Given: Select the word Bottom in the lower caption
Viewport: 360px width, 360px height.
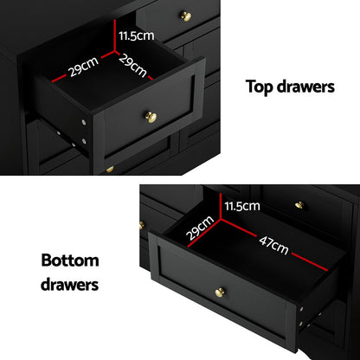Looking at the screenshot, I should pos(69,260).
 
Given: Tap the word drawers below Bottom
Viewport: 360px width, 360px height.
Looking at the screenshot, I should pos(69,283).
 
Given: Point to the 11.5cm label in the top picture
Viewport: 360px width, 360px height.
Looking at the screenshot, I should pos(136,35).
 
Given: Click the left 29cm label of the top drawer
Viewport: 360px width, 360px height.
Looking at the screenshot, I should pos(83,67).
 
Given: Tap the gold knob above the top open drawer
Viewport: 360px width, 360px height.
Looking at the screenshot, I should pos(184,16).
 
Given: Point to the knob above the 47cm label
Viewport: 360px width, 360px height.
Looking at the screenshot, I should pos(299,205).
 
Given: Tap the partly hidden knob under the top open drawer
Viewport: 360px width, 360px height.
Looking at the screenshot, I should pos(109,170).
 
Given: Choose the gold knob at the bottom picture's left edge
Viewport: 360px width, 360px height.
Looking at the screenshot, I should pos(141,225).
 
